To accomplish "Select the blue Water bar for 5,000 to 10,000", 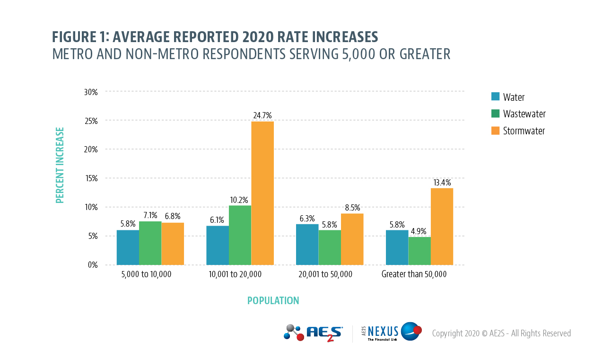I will pyautogui.click(x=128, y=247).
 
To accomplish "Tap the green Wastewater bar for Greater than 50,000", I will pyautogui.click(x=419, y=251).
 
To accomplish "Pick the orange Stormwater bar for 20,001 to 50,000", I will pyautogui.click(x=352, y=239).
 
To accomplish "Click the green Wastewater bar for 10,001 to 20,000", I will pyautogui.click(x=240, y=235).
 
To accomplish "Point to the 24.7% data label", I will pyautogui.click(x=262, y=115).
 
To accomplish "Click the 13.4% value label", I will pyautogui.click(x=442, y=183).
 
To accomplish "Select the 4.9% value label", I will pyautogui.click(x=419, y=231).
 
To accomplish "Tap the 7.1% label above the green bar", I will pyautogui.click(x=150, y=216).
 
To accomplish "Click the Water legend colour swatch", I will pyautogui.click(x=496, y=97).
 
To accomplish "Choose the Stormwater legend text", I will pyautogui.click(x=524, y=131).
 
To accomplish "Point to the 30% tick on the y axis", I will pyautogui.click(x=91, y=92).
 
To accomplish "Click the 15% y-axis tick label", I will pyautogui.click(x=91, y=178).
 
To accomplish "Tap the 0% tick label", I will pyautogui.click(x=93, y=265).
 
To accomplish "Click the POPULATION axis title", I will pyautogui.click(x=273, y=301).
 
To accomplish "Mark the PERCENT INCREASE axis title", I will pyautogui.click(x=60, y=165).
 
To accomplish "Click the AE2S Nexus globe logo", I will pyautogui.click(x=411, y=332).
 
